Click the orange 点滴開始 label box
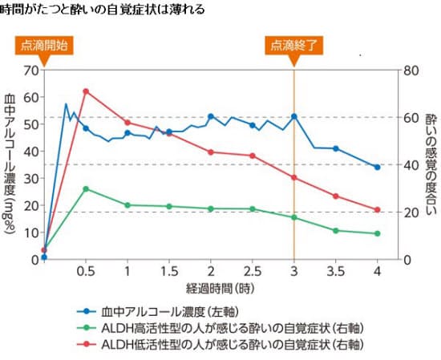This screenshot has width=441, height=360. coord(45,45)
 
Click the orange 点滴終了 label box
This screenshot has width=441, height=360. coord(294,45)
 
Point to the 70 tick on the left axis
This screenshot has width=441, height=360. coord(32,70)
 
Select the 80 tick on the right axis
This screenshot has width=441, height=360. coord(411,70)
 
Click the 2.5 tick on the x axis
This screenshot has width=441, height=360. coord(252,272)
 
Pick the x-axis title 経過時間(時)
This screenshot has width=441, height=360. coord(212,287)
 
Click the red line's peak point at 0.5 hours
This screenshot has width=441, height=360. coord(86,91)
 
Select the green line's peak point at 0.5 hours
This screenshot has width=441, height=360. coord(86,189)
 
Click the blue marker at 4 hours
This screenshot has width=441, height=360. coord(377,167)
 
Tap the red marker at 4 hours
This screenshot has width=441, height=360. coord(377,210)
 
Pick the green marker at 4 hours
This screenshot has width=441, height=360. coord(377,233)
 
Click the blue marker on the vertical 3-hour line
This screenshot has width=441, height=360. coord(294,116)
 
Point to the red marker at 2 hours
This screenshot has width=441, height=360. coord(211,152)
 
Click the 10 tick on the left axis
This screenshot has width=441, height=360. coord(32,233)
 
